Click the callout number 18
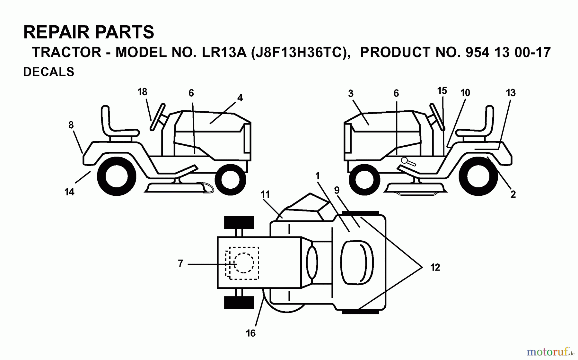coord(142,92)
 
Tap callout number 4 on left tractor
coord(240,98)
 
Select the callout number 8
coord(71,125)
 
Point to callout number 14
coord(69,192)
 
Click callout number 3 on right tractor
coord(351,93)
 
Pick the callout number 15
coord(442,91)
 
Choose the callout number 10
coord(465,93)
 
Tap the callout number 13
coord(511,93)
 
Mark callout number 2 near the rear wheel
coord(513,194)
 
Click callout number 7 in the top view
coord(180,263)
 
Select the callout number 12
coord(435,267)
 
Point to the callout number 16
coord(251,333)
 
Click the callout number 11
coord(265,194)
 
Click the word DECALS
coord(49,72)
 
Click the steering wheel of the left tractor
coord(158,117)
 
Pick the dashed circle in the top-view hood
coord(244,263)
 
